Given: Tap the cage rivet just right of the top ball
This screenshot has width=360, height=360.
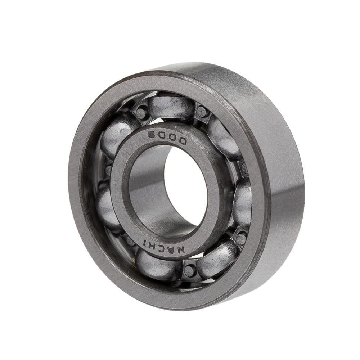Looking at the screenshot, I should click(202, 112).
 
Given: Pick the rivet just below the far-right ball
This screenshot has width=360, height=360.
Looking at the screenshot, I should click(240, 238).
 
